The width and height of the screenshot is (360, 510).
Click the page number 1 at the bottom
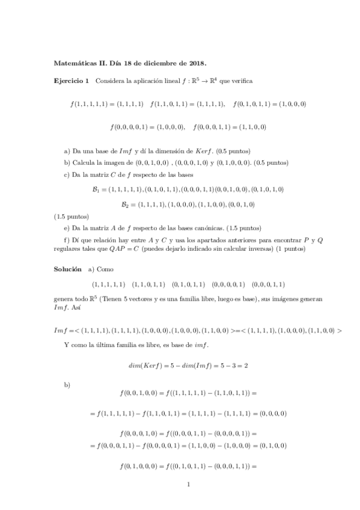tap(188, 484)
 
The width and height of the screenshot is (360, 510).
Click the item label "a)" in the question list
tap(67, 150)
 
